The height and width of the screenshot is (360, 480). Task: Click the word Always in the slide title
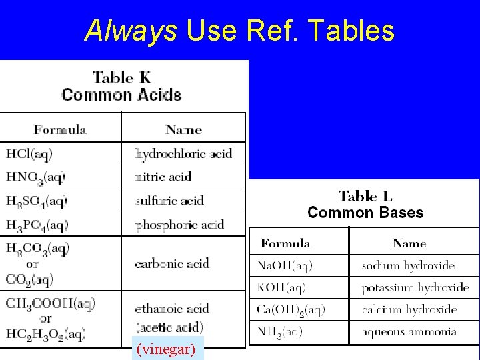point(131,31)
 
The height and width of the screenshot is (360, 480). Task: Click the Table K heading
point(122,77)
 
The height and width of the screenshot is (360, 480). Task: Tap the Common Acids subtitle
point(122,95)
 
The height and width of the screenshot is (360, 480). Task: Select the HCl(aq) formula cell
point(29,153)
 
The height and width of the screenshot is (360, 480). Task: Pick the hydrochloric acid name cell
point(183,154)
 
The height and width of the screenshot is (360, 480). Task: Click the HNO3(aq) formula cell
point(36,177)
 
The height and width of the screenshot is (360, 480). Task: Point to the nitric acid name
point(163,177)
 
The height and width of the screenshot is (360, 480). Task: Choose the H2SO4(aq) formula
point(37,201)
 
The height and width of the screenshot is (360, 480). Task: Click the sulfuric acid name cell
point(169,201)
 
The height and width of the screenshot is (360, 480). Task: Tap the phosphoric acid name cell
point(179,225)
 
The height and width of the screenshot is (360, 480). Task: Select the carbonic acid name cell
point(172,263)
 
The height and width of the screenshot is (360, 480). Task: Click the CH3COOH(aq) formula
point(51,304)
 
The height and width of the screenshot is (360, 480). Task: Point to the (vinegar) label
point(165,348)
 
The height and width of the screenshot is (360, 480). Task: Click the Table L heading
point(365,196)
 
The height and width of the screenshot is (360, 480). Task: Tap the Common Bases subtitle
point(365,213)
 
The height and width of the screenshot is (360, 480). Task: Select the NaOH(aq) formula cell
point(285,265)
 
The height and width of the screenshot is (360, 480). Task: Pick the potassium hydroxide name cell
point(415,288)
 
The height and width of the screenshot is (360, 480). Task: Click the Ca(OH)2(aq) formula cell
point(291,310)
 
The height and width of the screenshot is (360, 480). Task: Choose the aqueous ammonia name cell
point(409,332)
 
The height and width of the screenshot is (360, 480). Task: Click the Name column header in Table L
point(409,243)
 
